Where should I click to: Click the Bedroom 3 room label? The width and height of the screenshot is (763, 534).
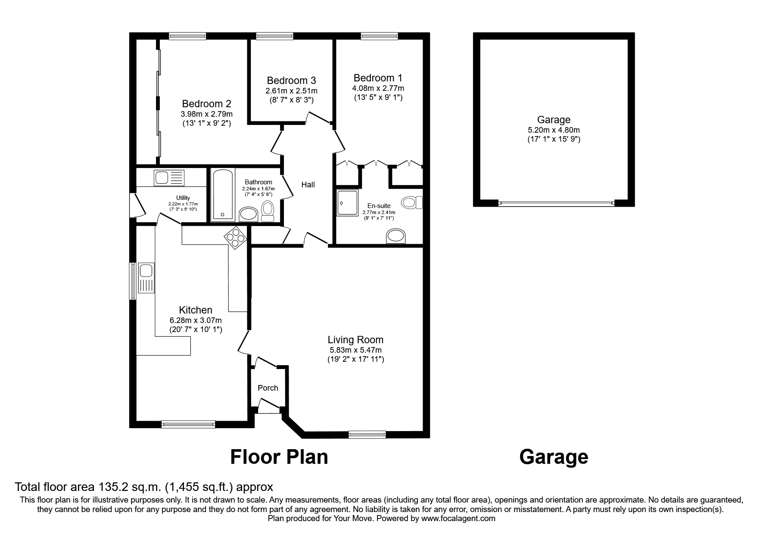point(291,81)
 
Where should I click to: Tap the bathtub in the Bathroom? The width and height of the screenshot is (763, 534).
point(223,195)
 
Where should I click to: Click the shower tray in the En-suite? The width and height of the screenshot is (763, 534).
point(348,202)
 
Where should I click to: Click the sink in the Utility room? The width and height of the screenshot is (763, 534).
point(169,177)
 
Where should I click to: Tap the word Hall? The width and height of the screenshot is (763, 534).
point(308,185)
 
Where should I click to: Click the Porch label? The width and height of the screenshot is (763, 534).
point(268,388)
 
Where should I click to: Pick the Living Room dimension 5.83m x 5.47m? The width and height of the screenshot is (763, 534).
point(355,350)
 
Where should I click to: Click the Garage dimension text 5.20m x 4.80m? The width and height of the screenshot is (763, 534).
point(554,130)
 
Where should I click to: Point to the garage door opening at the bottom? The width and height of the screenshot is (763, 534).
point(556,203)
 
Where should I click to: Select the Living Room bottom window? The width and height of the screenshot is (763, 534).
point(367,435)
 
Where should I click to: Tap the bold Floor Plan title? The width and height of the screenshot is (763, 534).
point(279,457)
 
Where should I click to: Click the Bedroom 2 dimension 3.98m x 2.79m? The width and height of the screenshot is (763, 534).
point(206,114)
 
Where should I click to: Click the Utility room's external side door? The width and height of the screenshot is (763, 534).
point(137,206)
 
